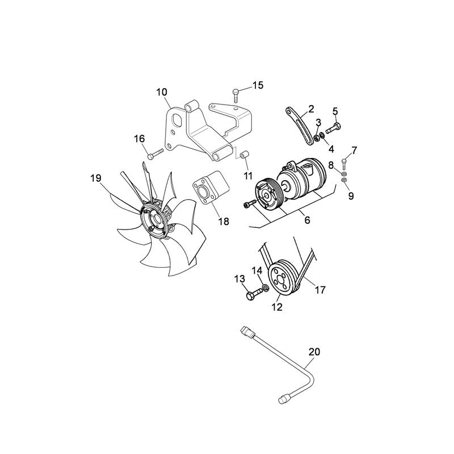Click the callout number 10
click(162, 91)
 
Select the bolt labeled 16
click(154, 152)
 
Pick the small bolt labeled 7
click(344, 161)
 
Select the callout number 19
click(95, 178)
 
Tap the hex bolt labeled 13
click(252, 295)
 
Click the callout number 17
click(320, 290)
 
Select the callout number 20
click(314, 352)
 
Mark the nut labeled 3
click(317, 136)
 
